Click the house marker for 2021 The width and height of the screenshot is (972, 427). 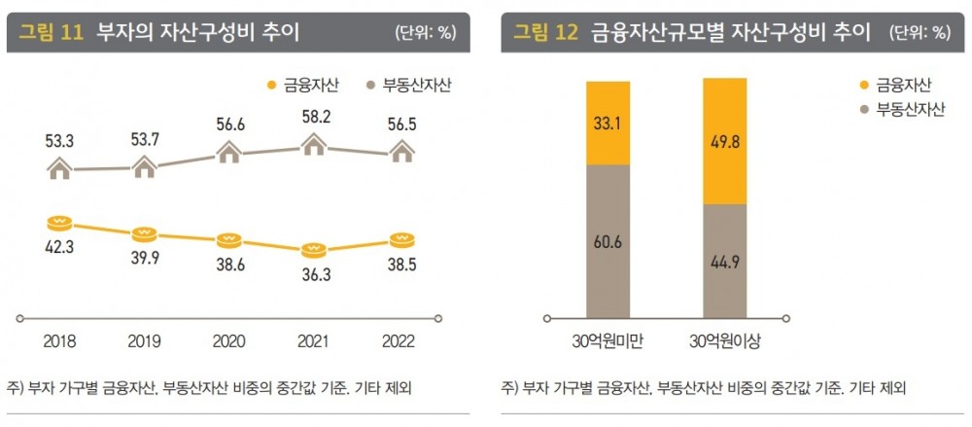click(x=313, y=146)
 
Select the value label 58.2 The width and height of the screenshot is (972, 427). click(x=313, y=116)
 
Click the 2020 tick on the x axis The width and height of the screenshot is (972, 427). click(x=228, y=341)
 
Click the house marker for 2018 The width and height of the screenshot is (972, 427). click(x=60, y=169)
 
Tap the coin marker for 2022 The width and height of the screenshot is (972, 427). click(x=399, y=239)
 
